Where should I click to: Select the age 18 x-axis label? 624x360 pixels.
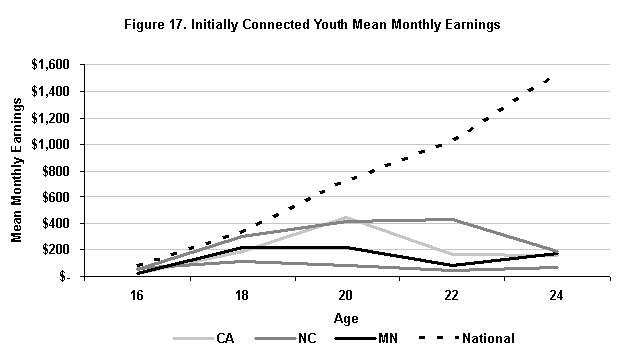coord(243,296)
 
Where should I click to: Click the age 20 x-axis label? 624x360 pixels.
coord(347,296)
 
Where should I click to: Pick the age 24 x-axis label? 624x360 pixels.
coord(556,296)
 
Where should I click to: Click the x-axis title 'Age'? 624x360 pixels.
coord(346,318)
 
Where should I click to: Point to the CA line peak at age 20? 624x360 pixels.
coord(347,217)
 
